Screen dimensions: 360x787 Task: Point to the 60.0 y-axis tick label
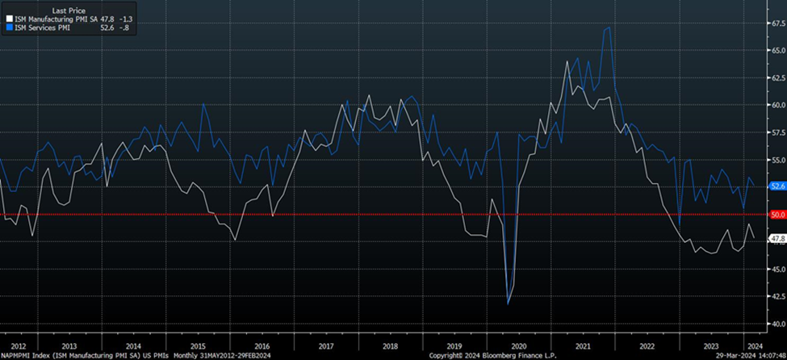(776, 105)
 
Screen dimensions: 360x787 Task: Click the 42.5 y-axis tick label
(776, 296)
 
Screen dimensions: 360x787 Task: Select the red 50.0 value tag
(776, 214)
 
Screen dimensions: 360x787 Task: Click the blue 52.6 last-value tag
(776, 186)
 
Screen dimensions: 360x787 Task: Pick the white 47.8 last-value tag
(776, 238)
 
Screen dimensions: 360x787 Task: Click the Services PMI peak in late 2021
(608, 28)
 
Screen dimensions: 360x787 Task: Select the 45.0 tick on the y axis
(776, 269)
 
